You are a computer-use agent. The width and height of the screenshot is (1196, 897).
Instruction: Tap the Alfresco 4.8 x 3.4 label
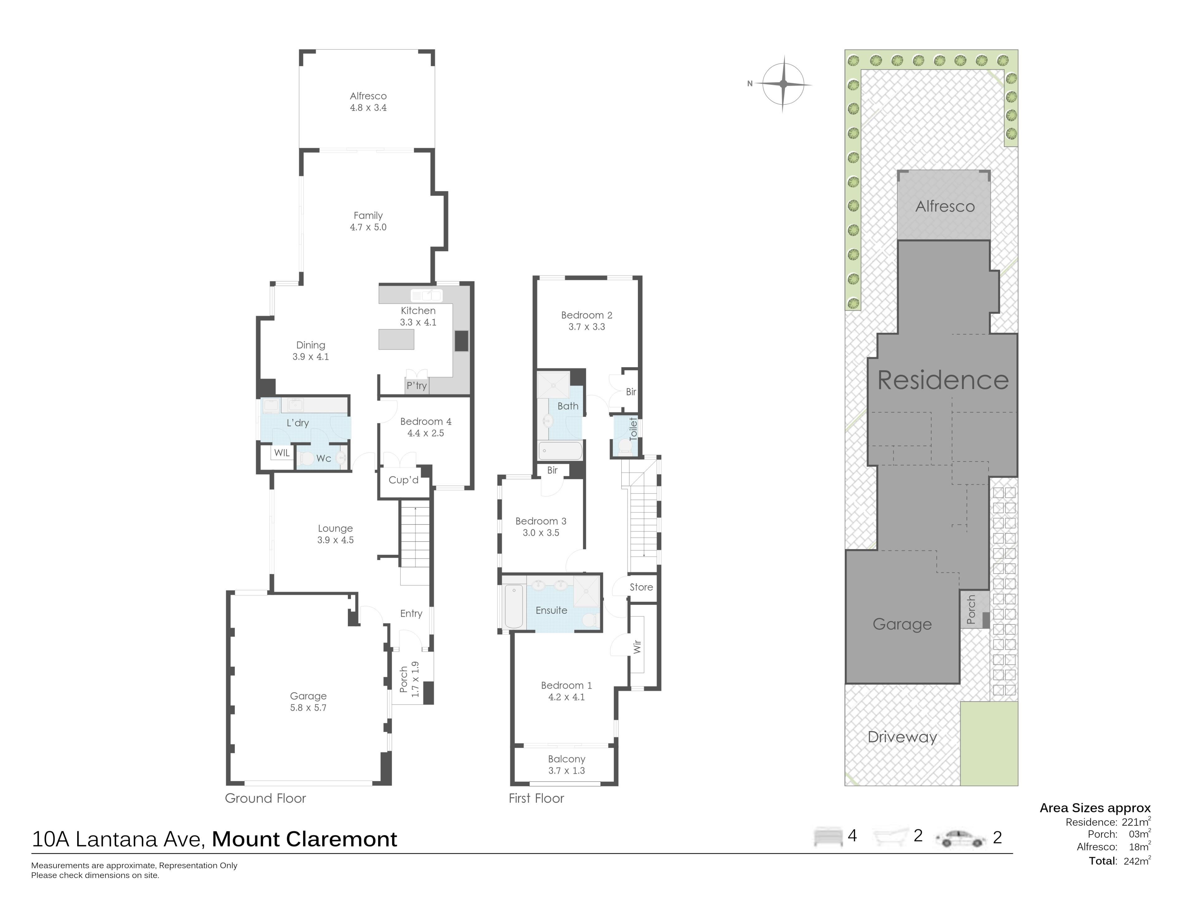tap(368, 102)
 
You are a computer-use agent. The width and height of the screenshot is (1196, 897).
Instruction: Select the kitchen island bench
tap(396, 339)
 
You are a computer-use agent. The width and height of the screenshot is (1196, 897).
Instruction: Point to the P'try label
tap(417, 386)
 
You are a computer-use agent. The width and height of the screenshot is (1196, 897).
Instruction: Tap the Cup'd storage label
tap(403, 480)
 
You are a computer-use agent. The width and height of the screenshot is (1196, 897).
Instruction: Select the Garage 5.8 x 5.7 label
tap(308, 701)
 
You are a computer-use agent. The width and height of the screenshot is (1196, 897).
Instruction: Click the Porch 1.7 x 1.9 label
tap(409, 679)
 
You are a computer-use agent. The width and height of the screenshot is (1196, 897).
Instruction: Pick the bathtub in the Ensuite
tap(514, 607)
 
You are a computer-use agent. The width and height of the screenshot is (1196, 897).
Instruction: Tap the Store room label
tap(641, 587)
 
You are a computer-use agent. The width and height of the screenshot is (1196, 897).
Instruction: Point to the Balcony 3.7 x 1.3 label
tap(567, 765)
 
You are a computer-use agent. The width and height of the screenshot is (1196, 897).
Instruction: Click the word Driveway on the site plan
tap(902, 737)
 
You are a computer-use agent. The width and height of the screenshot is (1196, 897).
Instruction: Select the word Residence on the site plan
tap(943, 380)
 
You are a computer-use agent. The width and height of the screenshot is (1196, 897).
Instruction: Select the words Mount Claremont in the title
tap(304, 839)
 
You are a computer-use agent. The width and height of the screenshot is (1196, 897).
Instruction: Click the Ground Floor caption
tap(265, 798)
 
